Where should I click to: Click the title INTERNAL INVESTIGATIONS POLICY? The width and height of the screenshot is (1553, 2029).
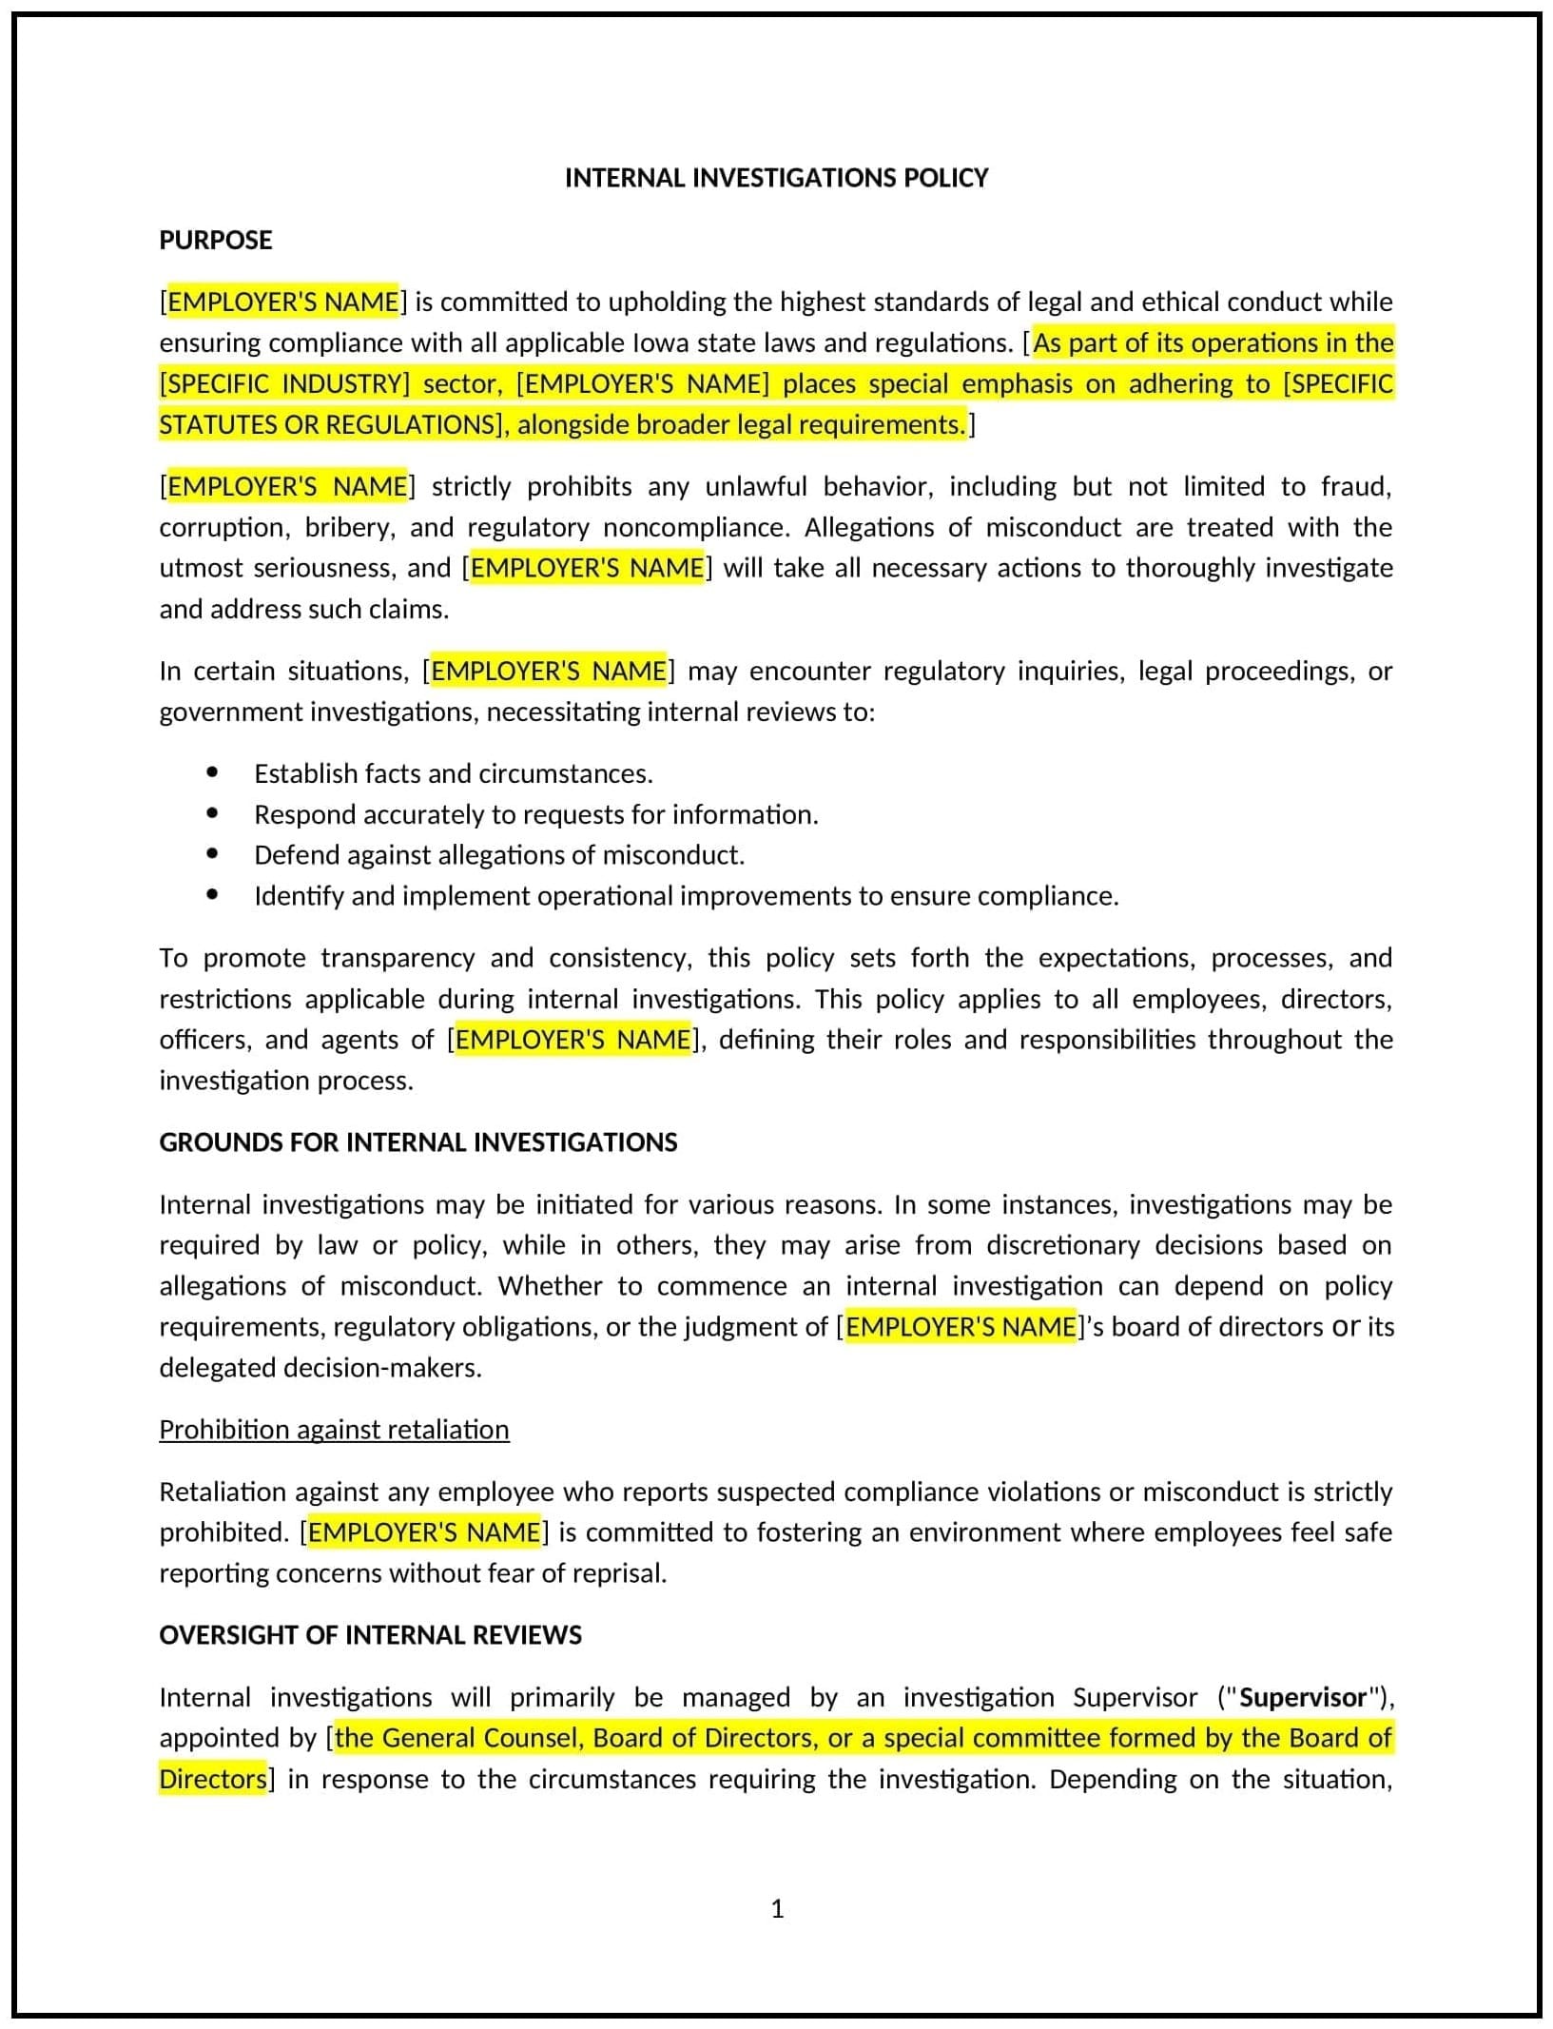coord(776,178)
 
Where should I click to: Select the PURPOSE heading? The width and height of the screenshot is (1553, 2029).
coord(215,240)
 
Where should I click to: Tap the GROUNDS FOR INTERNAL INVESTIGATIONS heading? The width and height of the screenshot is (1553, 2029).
coord(417,1142)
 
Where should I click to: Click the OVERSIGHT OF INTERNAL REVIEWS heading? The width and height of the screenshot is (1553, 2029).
coord(370,1635)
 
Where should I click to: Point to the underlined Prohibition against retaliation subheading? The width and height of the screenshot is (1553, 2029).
coord(334,1430)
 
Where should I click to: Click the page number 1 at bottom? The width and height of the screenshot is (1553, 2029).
coord(777,1909)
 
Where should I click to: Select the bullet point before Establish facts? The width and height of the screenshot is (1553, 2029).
coord(212,772)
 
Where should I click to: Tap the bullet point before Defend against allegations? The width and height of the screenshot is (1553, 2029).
coord(212,854)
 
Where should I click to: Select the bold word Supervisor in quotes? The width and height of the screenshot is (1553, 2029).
coord(1303,1698)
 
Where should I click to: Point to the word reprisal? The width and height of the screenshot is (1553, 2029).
coord(619,1573)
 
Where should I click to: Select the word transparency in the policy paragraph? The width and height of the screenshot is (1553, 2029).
coord(398,957)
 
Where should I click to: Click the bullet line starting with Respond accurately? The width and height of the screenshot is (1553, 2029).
coord(535,814)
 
